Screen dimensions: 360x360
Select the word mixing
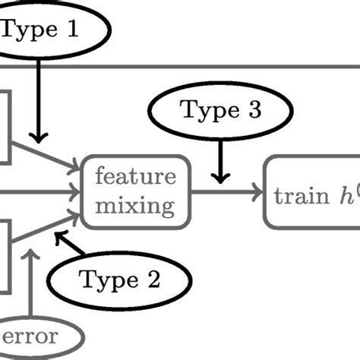[135, 205]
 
